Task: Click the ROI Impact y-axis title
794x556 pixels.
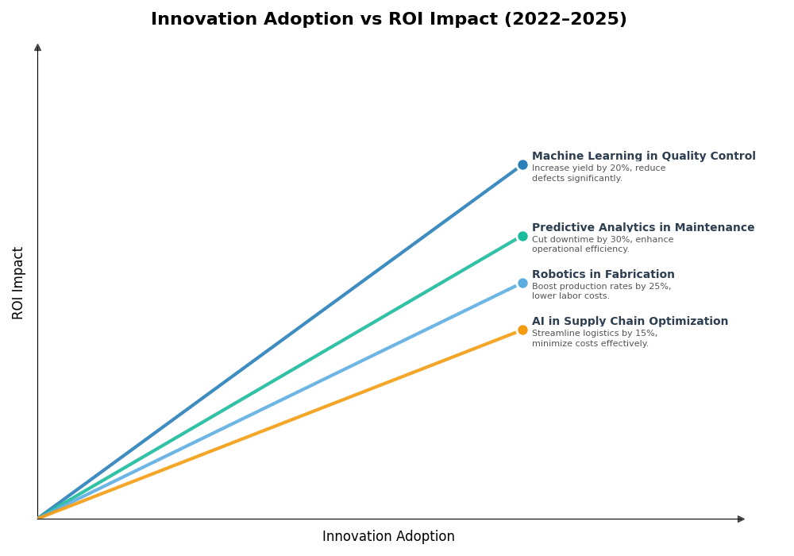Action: pyautogui.click(x=18, y=283)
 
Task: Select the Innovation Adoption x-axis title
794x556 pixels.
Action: pyautogui.click(x=388, y=537)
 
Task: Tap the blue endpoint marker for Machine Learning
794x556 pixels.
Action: pyautogui.click(x=522, y=165)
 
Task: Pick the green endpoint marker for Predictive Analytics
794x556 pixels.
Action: pyautogui.click(x=522, y=236)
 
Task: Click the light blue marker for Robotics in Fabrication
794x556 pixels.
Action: pyautogui.click(x=522, y=283)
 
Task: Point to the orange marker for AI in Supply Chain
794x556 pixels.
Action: pyautogui.click(x=522, y=330)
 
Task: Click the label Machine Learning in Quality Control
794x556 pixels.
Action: pyautogui.click(x=643, y=156)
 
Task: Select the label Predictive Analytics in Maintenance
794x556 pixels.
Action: pyautogui.click(x=643, y=228)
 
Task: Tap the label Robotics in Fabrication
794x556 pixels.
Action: pyautogui.click(x=603, y=275)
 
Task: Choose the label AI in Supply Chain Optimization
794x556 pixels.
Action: pyautogui.click(x=630, y=322)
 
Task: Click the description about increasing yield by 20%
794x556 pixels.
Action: pyautogui.click(x=598, y=173)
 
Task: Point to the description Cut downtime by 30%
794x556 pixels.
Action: pyautogui.click(x=602, y=245)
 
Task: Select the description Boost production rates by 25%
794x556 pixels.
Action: pyautogui.click(x=601, y=292)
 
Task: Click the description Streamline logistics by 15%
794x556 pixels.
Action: pyautogui.click(x=594, y=338)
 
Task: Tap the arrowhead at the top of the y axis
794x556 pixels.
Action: pyautogui.click(x=37, y=48)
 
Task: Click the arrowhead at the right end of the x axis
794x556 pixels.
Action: pyautogui.click(x=741, y=519)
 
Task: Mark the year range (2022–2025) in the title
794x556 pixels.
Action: pyautogui.click(x=565, y=19)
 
